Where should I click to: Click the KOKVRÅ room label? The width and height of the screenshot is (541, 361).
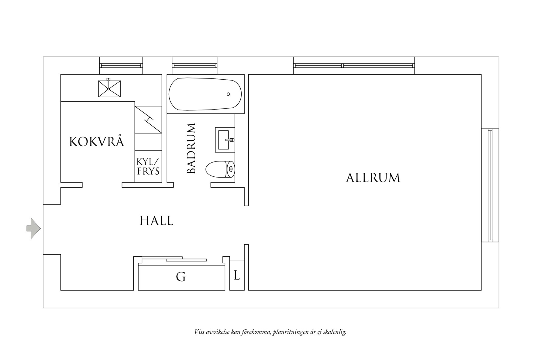point(97,141)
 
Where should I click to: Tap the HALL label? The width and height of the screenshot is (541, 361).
point(156,220)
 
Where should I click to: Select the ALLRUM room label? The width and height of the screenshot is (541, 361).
point(373,178)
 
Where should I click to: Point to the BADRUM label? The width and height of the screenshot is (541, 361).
point(191,148)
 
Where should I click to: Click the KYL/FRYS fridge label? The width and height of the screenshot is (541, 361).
point(148,166)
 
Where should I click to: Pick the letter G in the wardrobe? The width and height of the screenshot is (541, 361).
point(181,277)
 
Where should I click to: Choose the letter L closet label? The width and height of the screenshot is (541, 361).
point(237,276)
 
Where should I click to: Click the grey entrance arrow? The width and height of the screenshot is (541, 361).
point(33,228)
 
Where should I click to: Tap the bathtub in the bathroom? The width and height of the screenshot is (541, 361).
point(205,94)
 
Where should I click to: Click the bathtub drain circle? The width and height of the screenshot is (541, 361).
point(228,94)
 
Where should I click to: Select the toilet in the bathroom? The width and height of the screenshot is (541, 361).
point(220,169)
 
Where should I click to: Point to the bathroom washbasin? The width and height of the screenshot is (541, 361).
point(225,140)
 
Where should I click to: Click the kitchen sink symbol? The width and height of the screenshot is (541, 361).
point(109,89)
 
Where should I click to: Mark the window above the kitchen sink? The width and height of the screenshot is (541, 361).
point(121,65)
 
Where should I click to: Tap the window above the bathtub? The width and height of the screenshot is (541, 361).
point(194,65)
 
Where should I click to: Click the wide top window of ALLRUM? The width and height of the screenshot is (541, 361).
point(354,65)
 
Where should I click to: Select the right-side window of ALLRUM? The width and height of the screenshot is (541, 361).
point(490,185)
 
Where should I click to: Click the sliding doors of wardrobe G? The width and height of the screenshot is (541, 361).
point(174,259)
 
